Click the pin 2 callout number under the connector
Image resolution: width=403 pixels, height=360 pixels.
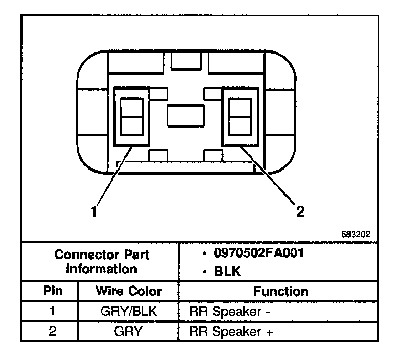(300, 211)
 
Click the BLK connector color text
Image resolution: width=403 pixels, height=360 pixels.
(225, 271)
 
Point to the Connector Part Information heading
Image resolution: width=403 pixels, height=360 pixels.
(102, 262)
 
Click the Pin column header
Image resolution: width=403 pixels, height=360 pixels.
(51, 291)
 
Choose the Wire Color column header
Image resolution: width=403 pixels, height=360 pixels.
(129, 291)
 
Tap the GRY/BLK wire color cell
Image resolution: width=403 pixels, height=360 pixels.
(129, 311)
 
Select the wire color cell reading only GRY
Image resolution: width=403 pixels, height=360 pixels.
(129, 332)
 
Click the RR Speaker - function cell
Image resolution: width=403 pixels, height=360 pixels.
(229, 311)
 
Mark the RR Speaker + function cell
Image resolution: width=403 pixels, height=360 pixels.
(230, 332)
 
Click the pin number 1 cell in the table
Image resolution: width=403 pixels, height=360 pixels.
(51, 311)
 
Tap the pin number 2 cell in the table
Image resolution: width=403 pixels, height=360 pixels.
(51, 332)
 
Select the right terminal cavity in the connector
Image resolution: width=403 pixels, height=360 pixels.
(239, 117)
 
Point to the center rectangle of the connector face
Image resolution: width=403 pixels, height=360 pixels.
(185, 116)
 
